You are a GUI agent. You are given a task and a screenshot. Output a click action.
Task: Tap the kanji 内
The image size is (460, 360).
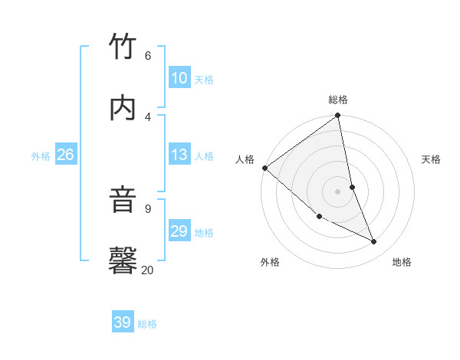(x=123, y=108)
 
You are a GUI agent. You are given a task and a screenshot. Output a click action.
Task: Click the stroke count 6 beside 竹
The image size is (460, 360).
(x=148, y=55)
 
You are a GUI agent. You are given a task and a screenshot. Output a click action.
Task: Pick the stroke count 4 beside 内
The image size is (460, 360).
(x=148, y=116)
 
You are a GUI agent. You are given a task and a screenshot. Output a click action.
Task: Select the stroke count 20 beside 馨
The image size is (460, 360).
(x=148, y=270)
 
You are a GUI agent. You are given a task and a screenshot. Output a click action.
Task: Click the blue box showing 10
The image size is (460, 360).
(x=179, y=78)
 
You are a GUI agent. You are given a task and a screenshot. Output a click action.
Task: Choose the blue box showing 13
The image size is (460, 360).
(x=179, y=155)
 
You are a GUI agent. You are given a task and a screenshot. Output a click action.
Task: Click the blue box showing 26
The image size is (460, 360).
(x=65, y=155)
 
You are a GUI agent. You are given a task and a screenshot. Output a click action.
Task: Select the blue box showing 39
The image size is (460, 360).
(x=123, y=322)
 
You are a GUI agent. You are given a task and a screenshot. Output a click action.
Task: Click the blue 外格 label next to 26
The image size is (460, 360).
(x=41, y=156)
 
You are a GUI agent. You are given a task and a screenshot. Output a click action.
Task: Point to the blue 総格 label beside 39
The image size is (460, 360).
(x=148, y=324)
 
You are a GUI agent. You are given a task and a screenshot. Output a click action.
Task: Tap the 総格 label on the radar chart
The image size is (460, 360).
(x=338, y=100)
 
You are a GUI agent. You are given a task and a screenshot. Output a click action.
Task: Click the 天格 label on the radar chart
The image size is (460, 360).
(x=432, y=159)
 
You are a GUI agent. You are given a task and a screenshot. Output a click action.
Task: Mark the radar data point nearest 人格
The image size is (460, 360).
(x=264, y=168)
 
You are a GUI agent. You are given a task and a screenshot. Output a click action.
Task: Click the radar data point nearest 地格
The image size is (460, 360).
(x=374, y=242)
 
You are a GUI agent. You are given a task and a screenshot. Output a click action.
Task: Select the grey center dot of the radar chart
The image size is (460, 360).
(x=338, y=191)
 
